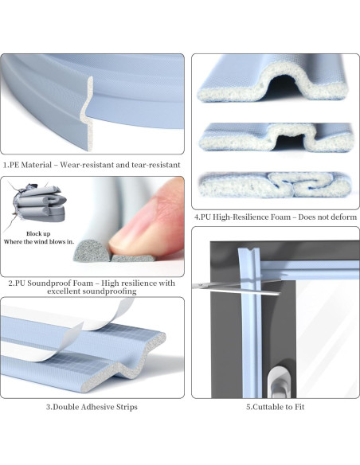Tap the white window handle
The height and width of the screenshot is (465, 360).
[278, 381]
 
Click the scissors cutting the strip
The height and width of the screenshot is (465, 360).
[237, 287]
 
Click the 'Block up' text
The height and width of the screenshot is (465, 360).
[38, 233]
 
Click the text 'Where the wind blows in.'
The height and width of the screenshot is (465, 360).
[38, 242]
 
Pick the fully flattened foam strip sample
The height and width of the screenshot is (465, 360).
[276, 185]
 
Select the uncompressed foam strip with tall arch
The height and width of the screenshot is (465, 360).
[276, 81]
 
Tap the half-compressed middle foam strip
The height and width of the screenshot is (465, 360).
[276, 137]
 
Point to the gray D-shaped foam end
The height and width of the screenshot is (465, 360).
[91, 251]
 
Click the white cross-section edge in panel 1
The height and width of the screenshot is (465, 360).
[87, 114]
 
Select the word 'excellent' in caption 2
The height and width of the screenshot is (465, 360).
[63, 291]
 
